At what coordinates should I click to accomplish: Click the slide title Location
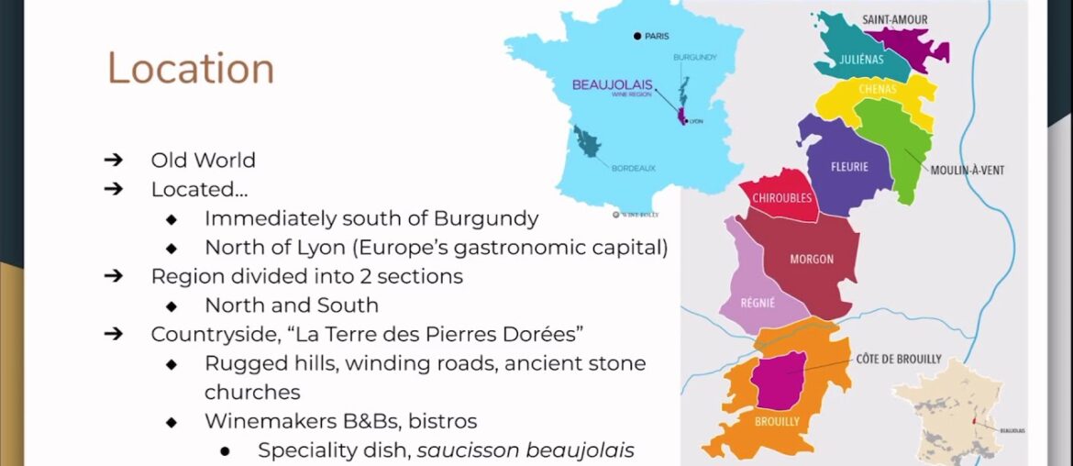(191, 69)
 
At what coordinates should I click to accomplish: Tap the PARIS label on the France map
(657, 37)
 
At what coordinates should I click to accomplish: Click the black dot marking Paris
(636, 37)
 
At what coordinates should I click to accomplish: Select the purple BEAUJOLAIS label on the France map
(613, 84)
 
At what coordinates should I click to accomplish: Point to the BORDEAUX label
(634, 168)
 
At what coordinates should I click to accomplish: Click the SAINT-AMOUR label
(894, 19)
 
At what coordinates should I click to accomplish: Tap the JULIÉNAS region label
(861, 60)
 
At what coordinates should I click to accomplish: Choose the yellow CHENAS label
(878, 89)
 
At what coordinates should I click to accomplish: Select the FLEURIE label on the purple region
(849, 167)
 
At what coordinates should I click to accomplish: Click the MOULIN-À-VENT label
(967, 171)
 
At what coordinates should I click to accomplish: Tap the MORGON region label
(812, 260)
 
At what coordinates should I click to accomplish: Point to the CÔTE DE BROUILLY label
(899, 360)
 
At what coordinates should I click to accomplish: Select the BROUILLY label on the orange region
(777, 421)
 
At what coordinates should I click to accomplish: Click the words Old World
(203, 160)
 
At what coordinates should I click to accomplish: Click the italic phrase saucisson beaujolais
(525, 450)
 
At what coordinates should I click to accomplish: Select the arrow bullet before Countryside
(114, 334)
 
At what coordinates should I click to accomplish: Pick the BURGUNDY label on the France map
(694, 58)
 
